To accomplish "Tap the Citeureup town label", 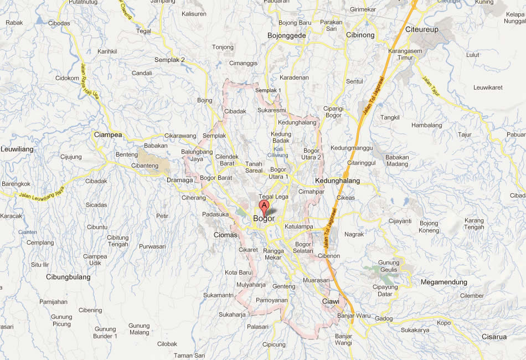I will (x=424, y=29).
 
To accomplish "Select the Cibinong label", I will (x=360, y=35).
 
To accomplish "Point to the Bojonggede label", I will (x=287, y=35).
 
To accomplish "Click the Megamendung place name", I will (x=444, y=282).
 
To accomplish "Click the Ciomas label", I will (x=225, y=235).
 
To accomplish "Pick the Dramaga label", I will (x=180, y=180).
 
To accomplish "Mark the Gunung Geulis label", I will (x=388, y=266).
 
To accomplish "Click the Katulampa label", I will (x=298, y=227).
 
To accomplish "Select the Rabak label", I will (x=14, y=23).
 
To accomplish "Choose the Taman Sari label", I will (x=189, y=355).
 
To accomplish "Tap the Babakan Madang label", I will (x=397, y=160).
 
